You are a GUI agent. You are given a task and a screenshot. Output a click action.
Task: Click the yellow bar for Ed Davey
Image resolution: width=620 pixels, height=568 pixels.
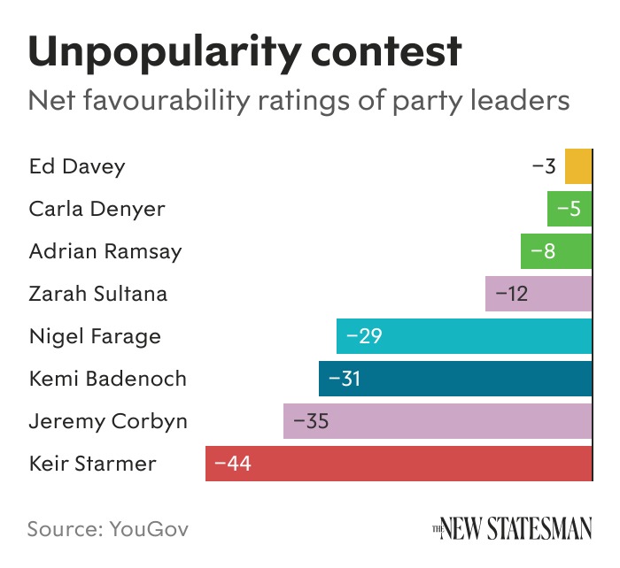coord(578,166)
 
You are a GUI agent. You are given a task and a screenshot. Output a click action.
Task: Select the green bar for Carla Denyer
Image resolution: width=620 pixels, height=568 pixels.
coord(570,209)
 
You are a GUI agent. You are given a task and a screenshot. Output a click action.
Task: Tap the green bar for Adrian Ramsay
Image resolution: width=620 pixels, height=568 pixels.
coord(556,251)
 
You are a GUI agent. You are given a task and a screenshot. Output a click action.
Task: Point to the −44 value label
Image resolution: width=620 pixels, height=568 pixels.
coord(233,464)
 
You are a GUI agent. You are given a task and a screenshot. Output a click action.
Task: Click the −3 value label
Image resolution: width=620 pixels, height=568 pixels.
coord(544,166)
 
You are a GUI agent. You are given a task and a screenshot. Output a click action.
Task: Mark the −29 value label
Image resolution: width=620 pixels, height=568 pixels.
coord(364,336)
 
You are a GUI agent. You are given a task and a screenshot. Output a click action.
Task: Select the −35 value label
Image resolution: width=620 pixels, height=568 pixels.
coord(311,421)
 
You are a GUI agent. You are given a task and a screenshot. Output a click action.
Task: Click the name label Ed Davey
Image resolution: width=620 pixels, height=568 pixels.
coord(77,166)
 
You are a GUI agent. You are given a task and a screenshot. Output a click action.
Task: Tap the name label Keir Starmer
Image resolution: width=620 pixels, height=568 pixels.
coord(92,464)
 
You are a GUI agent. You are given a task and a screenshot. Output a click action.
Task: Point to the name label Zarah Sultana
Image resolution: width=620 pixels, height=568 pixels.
coord(97,294)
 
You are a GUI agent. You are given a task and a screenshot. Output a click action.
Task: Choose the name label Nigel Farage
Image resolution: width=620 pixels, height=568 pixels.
coord(95,336)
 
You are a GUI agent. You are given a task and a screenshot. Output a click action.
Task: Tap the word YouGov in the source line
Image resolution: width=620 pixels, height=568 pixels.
coord(149,529)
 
